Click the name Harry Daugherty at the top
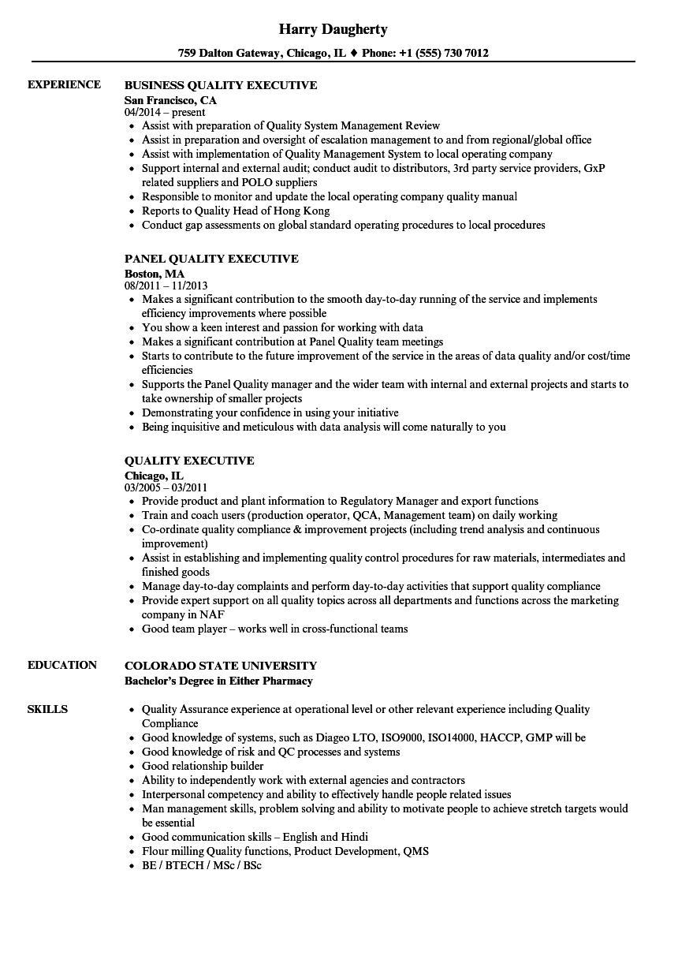pyautogui.click(x=333, y=29)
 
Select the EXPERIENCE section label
pyautogui.click(x=64, y=84)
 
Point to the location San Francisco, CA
pyautogui.click(x=170, y=100)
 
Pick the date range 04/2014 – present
pyautogui.click(x=165, y=113)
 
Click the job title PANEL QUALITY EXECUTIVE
pyautogui.click(x=211, y=259)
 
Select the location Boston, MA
pyautogui.click(x=155, y=274)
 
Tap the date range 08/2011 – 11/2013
pyautogui.click(x=166, y=286)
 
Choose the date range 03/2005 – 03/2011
pyautogui.click(x=166, y=488)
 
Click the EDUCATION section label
pyautogui.click(x=62, y=665)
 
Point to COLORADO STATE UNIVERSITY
pyautogui.click(x=221, y=666)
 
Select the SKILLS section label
pyautogui.click(x=47, y=709)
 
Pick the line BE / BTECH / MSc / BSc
pyautogui.click(x=201, y=865)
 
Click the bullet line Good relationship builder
pyautogui.click(x=203, y=766)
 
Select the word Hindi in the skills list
pyautogui.click(x=354, y=837)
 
